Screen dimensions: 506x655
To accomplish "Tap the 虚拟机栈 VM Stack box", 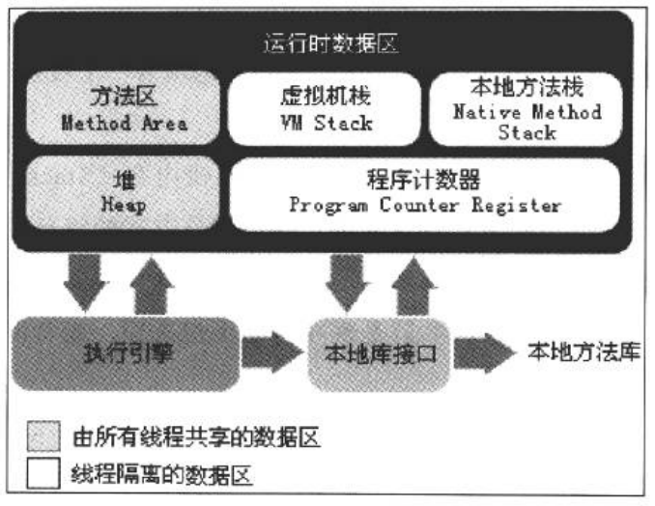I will [324, 109].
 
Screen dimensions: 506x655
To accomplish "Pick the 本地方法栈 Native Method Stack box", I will [527, 109].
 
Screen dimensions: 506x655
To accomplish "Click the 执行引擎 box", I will [125, 352].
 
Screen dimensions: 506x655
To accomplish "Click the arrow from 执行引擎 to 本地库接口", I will [274, 352].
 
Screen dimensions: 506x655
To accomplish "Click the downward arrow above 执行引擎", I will [87, 280].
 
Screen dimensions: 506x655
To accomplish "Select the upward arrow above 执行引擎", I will [152, 284].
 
